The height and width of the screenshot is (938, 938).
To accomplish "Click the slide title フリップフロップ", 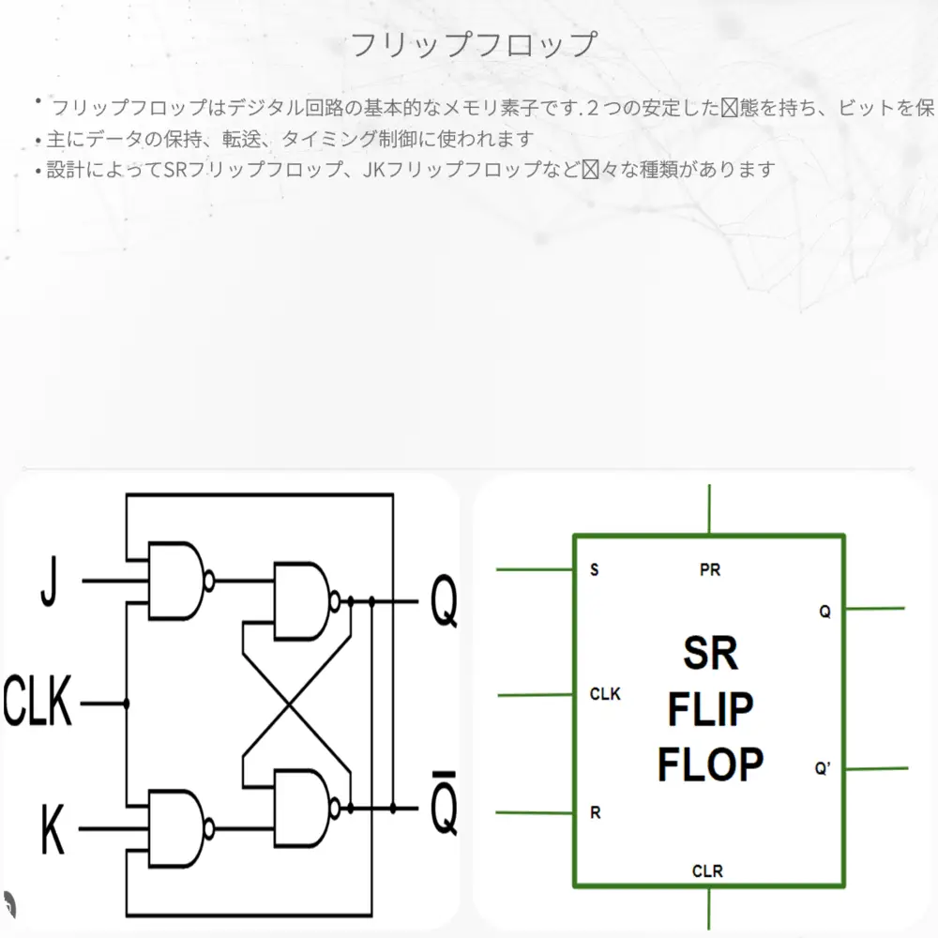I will [472, 44].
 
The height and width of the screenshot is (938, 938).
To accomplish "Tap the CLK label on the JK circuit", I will [38, 703].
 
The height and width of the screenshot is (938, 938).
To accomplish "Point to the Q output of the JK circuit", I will [444, 603].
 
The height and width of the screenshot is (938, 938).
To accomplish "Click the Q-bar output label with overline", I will [444, 809].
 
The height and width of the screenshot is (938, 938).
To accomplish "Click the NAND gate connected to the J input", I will [178, 581].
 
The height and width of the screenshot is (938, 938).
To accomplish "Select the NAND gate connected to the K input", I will [178, 828].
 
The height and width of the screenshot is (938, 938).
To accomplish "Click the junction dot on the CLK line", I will [126, 703].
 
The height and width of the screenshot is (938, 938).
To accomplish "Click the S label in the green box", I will [595, 569].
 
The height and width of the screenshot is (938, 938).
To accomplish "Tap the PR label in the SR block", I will [710, 569].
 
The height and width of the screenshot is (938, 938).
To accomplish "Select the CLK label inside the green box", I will [605, 695].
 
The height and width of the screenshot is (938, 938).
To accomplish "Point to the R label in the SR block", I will [596, 812].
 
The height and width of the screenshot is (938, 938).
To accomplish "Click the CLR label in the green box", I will [707, 871].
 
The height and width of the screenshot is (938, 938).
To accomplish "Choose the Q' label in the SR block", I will [823, 769].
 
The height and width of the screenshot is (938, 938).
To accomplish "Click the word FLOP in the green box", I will [710, 765].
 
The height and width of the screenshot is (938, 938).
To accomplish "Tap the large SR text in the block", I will [710, 653].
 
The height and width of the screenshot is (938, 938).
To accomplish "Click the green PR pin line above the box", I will [710, 509].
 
